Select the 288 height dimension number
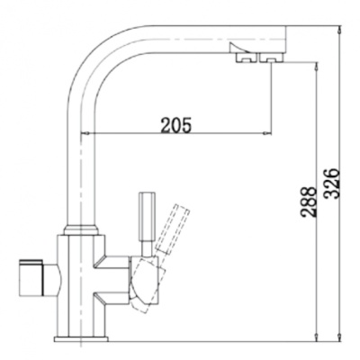(307, 204)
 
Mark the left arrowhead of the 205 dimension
(95, 136)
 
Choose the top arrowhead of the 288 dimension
(317, 66)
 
